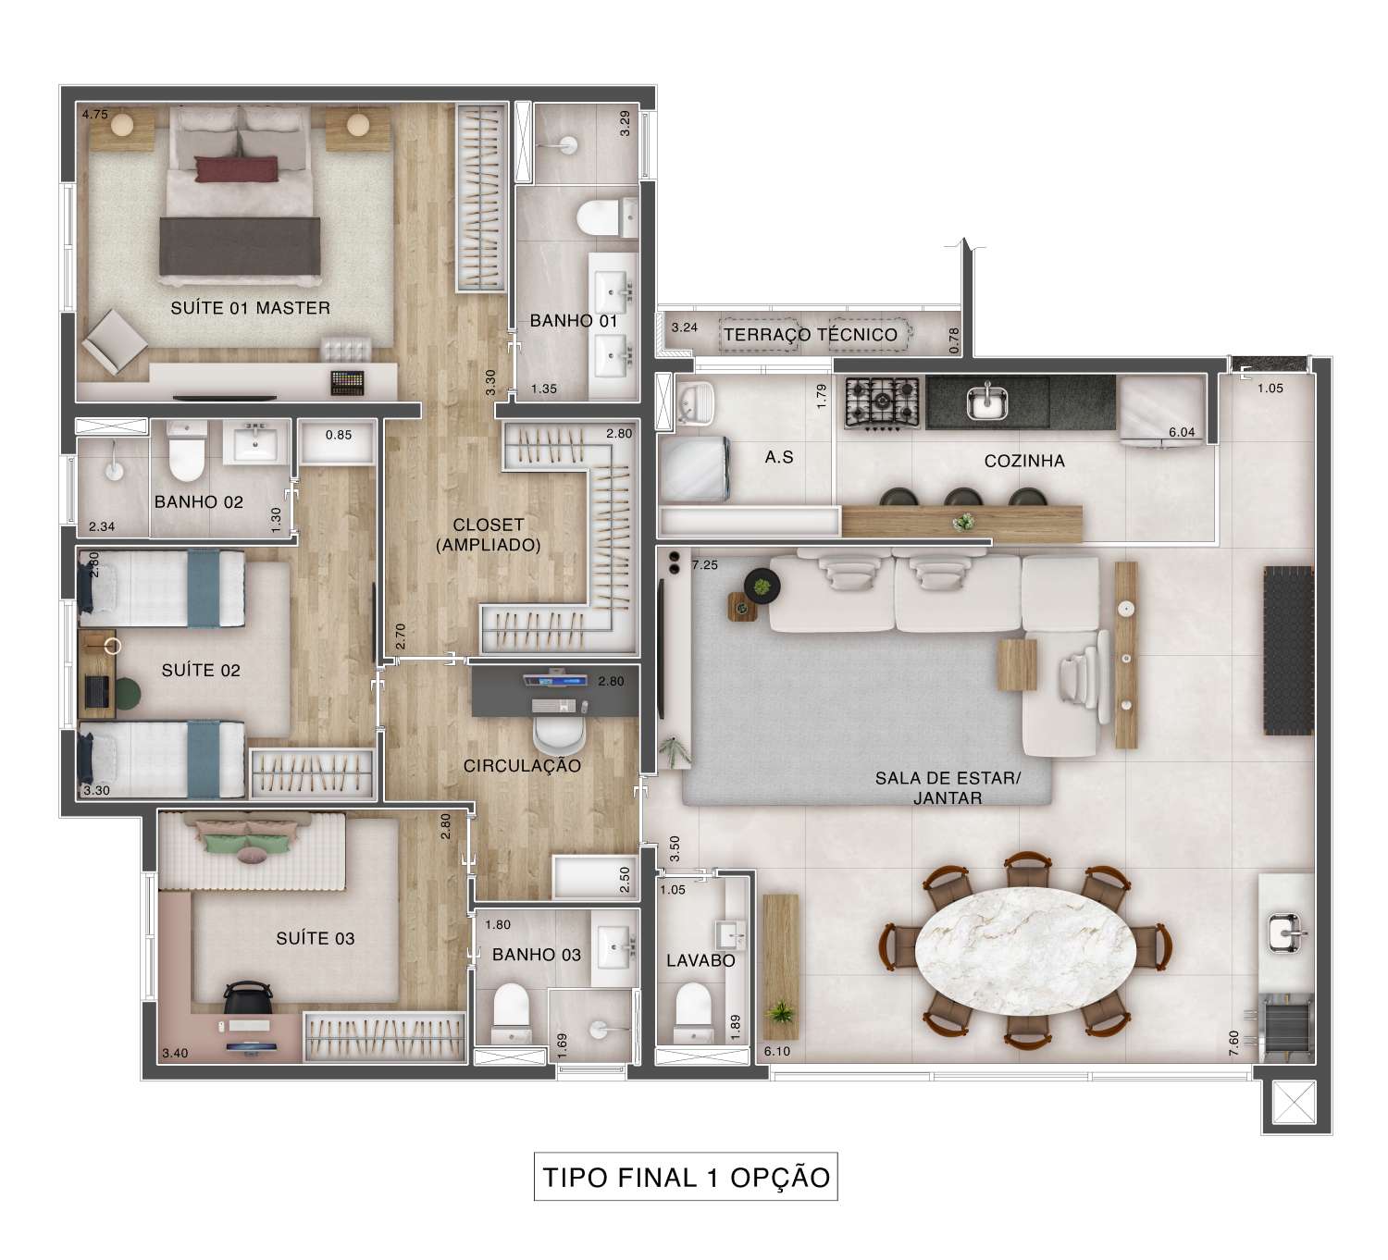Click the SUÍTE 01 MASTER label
pos(250,308)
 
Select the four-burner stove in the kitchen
pos(882,402)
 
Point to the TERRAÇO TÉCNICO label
pos(810,335)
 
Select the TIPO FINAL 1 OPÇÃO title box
pos(686,1178)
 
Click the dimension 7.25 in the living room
pos(704,565)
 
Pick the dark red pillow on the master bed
pos(236,168)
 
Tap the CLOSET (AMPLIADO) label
pos(488,536)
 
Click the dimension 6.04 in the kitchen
pos(1182,432)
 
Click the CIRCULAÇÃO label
pos(522,766)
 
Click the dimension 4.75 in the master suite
pos(94,115)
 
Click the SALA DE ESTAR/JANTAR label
pos(948,788)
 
